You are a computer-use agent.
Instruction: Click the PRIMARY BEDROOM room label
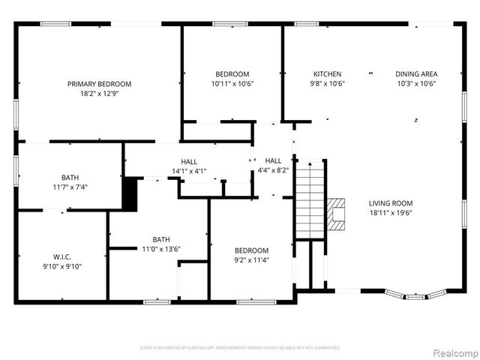coord(99,84)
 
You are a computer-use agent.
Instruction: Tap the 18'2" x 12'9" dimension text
coord(99,94)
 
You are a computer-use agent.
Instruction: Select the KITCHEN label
coord(328,74)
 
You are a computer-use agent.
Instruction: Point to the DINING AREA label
coord(416,74)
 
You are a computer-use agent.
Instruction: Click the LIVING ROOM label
coord(390,203)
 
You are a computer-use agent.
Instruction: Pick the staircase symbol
coord(308,196)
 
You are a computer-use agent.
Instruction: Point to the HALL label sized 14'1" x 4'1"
coord(189,162)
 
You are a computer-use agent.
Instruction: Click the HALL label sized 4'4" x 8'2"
coord(273,160)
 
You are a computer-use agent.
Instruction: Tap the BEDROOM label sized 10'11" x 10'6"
coord(232,74)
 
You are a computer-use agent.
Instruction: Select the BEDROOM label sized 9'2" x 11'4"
coord(250,250)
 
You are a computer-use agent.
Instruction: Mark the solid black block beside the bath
coord(130,193)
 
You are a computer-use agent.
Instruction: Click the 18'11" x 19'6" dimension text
coord(390,213)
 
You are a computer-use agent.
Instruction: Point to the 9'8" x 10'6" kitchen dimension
coord(328,84)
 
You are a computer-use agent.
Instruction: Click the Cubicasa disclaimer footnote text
coord(240,348)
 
